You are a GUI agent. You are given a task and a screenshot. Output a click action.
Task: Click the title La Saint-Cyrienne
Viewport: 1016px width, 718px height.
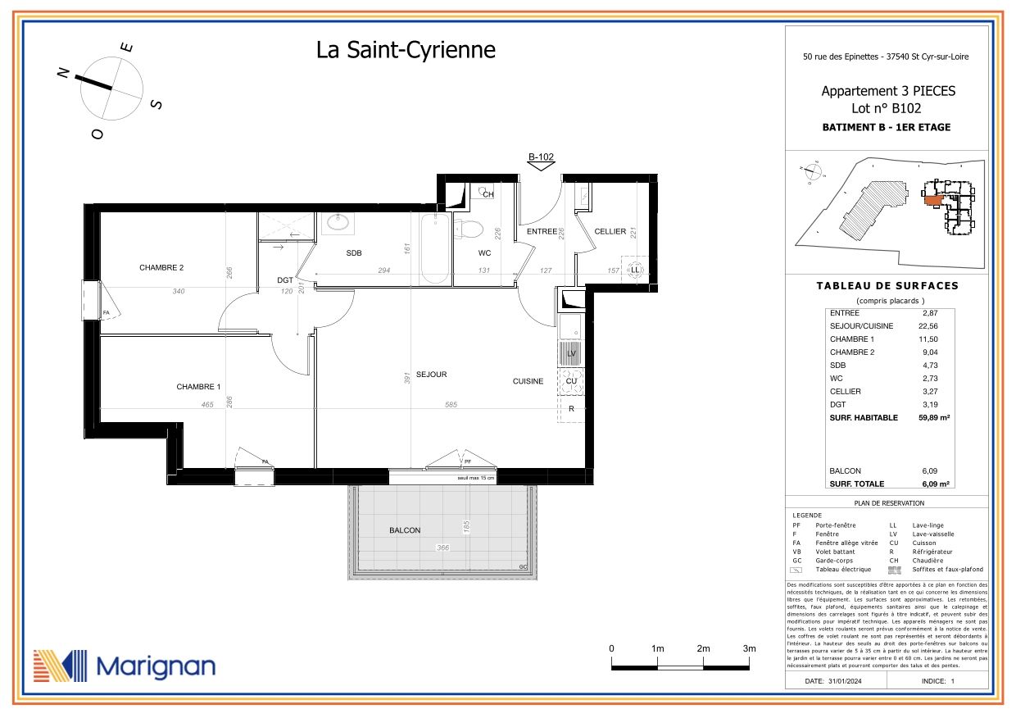406,50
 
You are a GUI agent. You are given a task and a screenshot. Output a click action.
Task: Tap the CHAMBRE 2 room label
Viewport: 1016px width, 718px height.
161,268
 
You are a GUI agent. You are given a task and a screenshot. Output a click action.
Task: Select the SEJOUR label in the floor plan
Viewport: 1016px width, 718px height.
431,375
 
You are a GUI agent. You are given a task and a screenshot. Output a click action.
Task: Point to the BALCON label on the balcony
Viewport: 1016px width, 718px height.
405,530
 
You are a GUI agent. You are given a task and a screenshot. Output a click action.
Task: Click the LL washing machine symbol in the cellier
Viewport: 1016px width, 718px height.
635,270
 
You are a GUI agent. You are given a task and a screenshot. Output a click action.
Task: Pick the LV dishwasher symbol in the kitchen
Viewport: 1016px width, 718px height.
571,353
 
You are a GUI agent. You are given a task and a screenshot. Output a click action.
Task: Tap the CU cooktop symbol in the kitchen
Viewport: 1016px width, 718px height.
571,381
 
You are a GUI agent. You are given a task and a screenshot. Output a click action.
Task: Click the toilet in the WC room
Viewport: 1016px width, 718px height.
469,229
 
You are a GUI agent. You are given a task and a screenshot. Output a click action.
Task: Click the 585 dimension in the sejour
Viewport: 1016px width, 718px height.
451,405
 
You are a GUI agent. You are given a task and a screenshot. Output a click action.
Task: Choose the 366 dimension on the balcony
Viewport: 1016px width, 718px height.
442,548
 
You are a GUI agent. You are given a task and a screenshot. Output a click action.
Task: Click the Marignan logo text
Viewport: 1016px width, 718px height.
156,666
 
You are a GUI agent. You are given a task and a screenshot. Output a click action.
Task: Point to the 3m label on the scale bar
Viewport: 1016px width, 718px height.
748,648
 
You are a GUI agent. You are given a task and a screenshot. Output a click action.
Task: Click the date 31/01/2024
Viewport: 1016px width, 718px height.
845,681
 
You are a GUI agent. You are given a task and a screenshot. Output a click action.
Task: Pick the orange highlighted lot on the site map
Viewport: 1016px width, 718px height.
932,198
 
